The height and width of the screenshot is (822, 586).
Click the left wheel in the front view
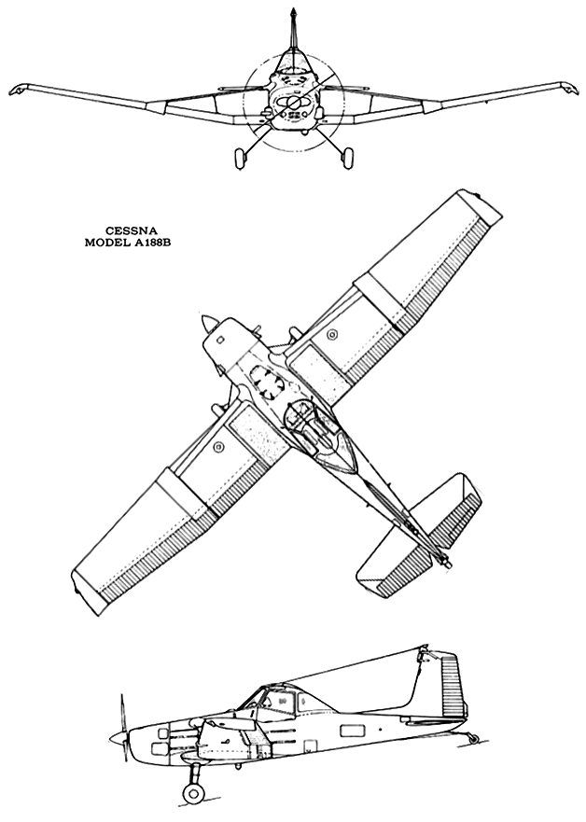[240, 159]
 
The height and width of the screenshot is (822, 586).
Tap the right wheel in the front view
[346, 159]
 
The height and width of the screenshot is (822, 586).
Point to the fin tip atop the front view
[295, 11]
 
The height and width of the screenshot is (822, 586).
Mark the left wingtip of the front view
[18, 90]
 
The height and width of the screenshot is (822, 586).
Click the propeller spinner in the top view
[206, 324]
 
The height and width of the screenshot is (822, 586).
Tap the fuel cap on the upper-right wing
[332, 335]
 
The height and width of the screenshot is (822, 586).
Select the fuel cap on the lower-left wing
[218, 447]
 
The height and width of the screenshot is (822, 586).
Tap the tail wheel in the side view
[473, 739]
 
